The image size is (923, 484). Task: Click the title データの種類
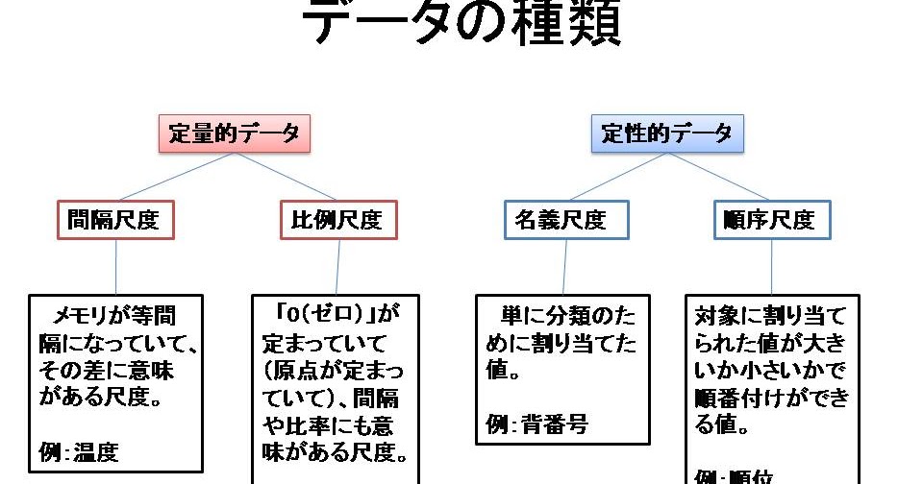point(461,25)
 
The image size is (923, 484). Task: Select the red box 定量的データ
point(235,134)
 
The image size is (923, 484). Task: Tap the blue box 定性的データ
point(666,134)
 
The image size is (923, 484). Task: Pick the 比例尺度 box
point(337,220)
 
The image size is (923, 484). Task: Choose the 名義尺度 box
point(567,220)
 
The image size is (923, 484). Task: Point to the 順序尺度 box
point(772,220)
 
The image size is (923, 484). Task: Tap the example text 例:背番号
point(536,423)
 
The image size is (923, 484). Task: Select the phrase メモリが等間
point(115,314)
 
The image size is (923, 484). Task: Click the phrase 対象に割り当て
point(772,314)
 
